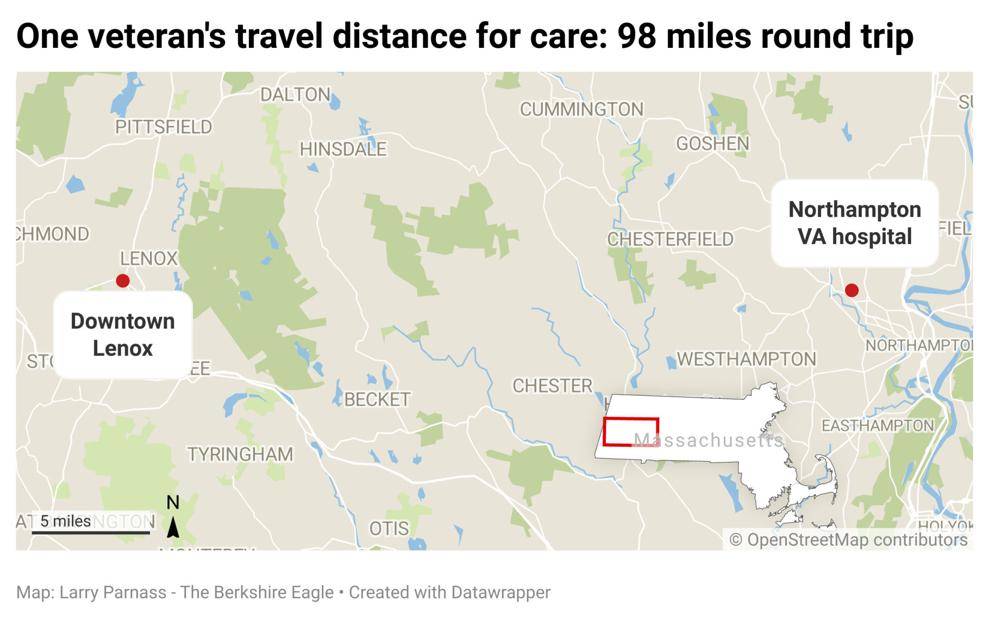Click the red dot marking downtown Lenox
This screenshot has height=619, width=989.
123,280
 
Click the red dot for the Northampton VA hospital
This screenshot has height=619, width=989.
852,290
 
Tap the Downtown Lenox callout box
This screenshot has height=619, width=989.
123,335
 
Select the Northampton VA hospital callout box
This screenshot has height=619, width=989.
854,223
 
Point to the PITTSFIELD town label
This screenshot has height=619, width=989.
164,127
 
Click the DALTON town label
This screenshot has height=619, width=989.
295,95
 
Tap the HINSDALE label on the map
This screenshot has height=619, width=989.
343,149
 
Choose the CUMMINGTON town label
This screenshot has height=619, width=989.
581,109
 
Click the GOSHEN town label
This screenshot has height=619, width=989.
712,143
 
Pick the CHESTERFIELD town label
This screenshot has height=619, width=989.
670,239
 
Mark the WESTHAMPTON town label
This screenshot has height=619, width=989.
746,359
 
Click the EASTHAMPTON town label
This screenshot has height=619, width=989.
878,426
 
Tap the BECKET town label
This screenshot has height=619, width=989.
377,399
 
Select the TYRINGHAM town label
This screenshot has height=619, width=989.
240,454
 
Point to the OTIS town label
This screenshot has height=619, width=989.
389,528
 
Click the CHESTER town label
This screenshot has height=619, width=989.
553,386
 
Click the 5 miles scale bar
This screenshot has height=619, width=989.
91,532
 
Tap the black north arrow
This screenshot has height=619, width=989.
173,527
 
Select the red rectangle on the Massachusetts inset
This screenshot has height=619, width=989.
631,432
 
